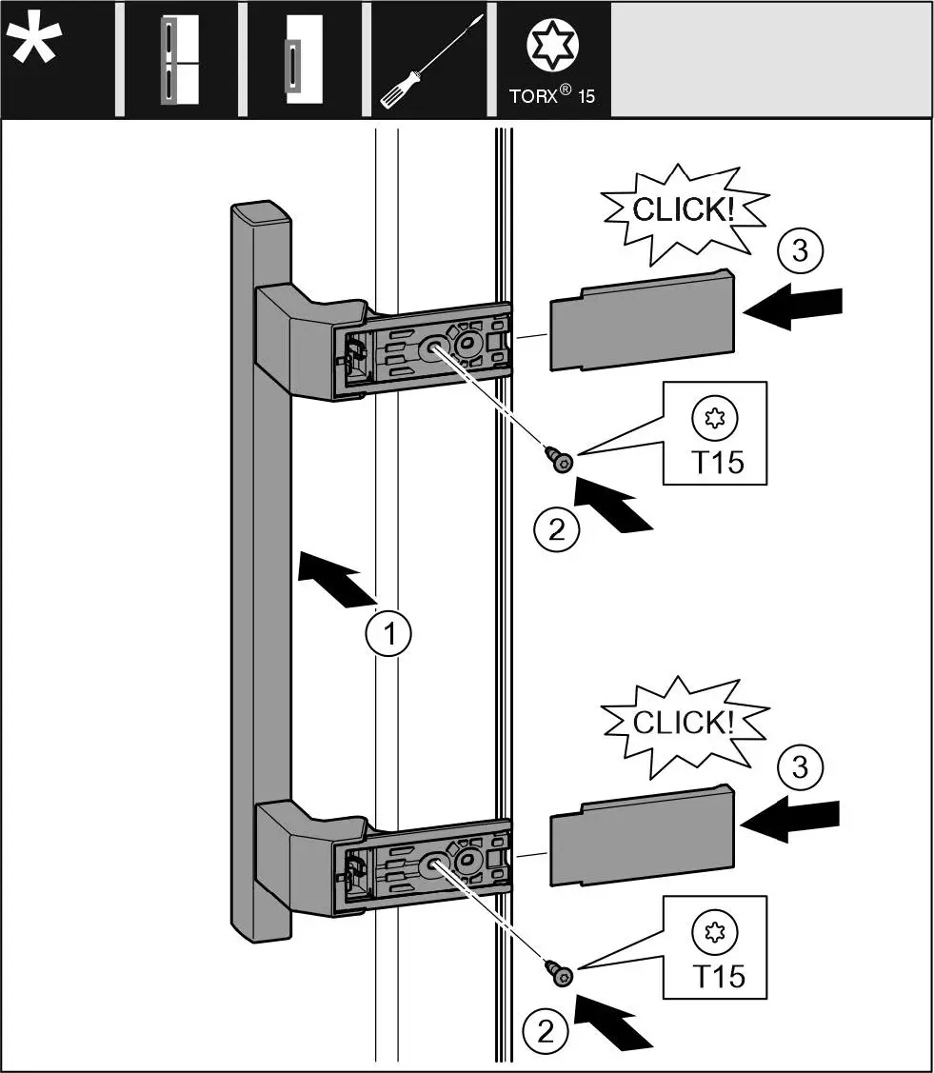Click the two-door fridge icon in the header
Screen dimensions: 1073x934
[x=179, y=59]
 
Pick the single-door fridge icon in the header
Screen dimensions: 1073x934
[x=304, y=59]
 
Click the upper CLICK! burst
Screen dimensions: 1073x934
[x=683, y=211]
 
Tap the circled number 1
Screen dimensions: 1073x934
[x=389, y=631]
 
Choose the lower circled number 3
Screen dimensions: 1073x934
[x=800, y=765]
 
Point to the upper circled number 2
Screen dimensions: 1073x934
[x=557, y=529]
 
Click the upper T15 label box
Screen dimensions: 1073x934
[x=714, y=434]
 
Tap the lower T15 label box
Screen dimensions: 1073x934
[x=714, y=947]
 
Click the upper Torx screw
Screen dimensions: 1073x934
[x=558, y=459]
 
